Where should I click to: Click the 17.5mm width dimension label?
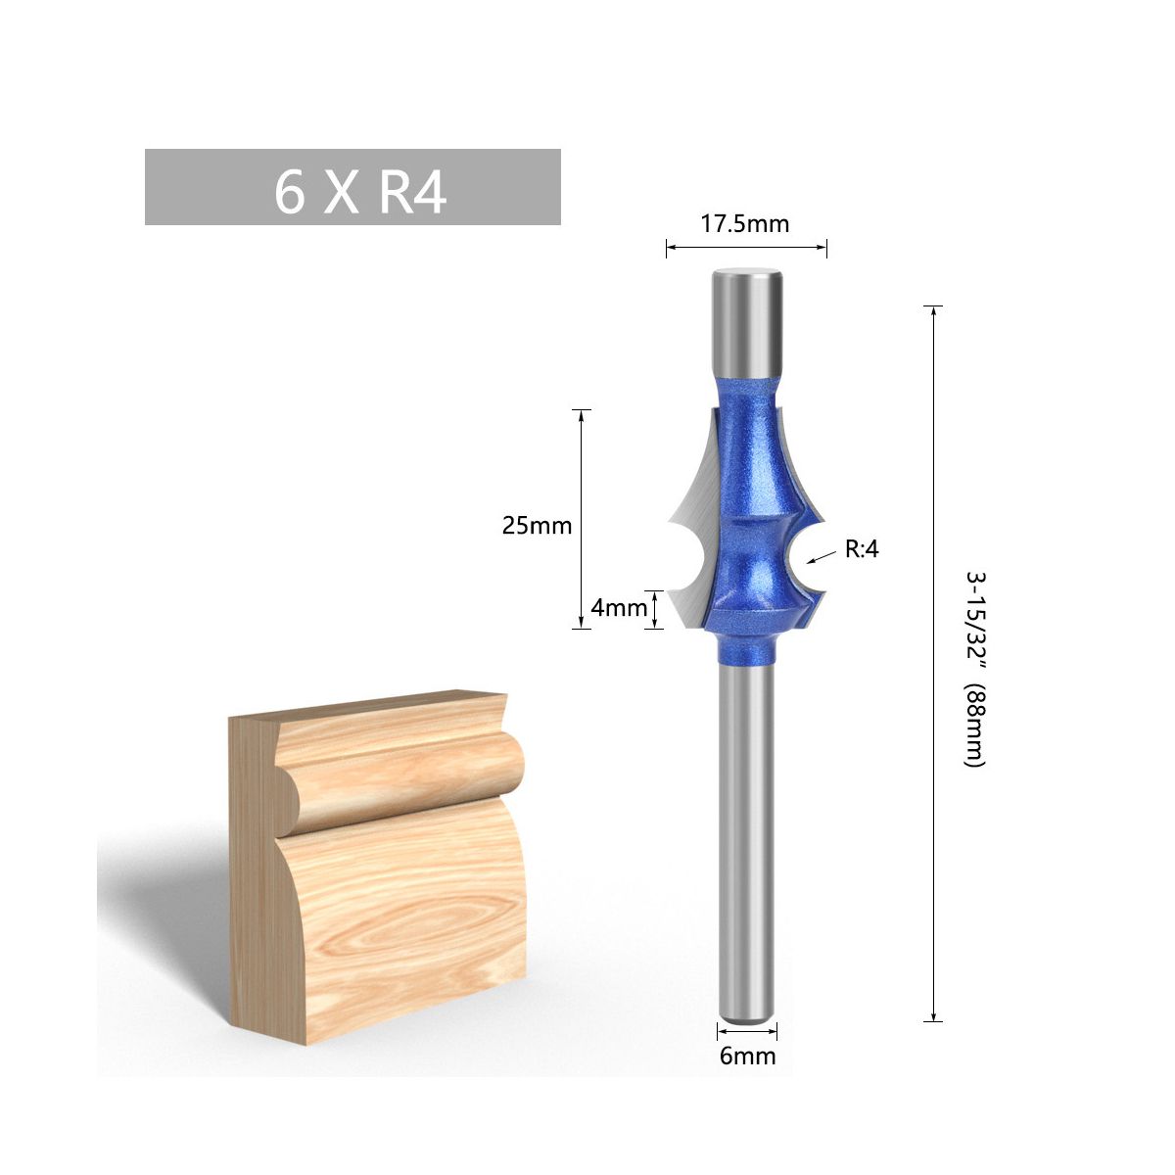(x=744, y=224)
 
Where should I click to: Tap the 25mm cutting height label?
(x=537, y=525)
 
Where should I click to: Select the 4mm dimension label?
(x=618, y=607)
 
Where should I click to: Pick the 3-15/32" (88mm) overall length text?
(x=975, y=670)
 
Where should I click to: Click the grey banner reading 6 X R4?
(x=352, y=187)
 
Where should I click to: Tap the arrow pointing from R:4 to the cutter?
(x=822, y=556)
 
